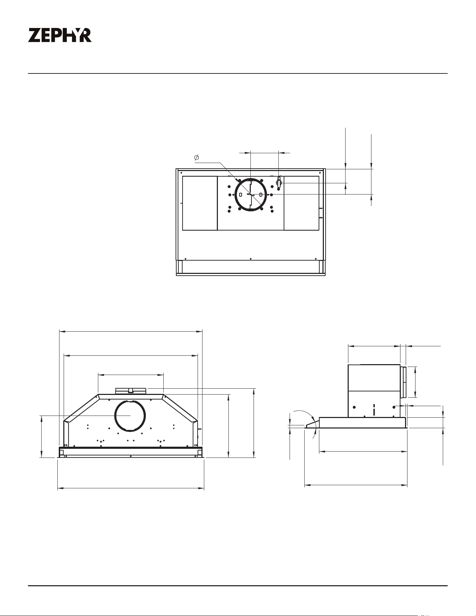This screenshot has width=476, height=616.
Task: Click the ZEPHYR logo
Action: pos(60,35)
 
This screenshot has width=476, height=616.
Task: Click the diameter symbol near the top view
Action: pos(197,158)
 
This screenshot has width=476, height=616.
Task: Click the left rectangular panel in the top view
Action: pos(200,203)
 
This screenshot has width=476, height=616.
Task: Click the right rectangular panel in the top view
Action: pos(301,203)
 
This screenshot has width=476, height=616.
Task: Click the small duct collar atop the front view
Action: pos(130,391)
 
